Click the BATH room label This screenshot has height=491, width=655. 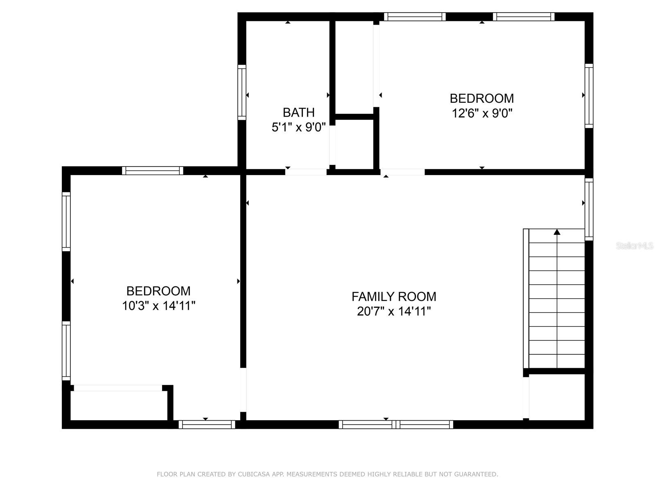298,113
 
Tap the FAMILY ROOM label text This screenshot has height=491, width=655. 393,297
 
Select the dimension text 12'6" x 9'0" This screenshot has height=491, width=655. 482,113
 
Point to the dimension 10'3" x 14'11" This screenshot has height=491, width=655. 158,306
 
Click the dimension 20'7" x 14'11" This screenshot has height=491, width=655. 394,311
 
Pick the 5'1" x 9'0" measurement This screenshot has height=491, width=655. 298,127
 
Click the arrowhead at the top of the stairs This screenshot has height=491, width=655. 557,232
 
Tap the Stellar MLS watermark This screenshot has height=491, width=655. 635,245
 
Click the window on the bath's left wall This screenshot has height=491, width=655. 242,92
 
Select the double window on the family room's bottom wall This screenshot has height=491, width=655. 396,425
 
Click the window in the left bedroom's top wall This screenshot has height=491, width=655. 152,171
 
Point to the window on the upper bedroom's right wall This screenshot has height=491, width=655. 589,96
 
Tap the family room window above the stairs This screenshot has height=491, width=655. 589,209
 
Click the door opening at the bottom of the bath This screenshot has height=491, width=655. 306,172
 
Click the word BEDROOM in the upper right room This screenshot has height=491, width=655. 481,98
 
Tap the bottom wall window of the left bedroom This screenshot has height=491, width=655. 207,425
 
